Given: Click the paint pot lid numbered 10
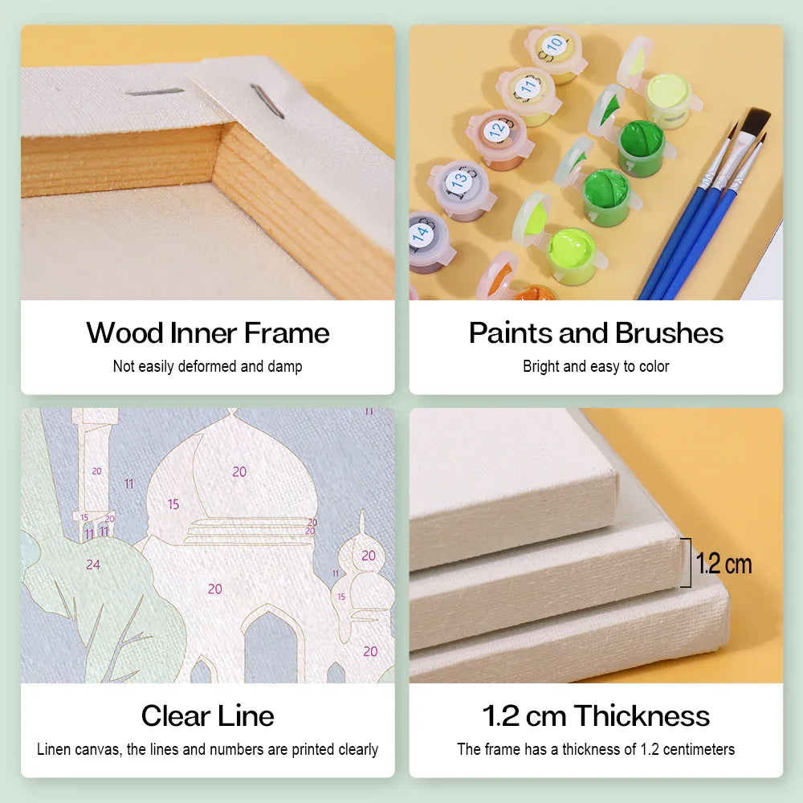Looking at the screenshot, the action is click(x=555, y=44).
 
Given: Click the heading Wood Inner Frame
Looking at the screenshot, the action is click(x=208, y=333).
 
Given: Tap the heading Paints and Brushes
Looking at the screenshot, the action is click(x=596, y=333).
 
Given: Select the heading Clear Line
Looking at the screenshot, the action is click(x=208, y=716).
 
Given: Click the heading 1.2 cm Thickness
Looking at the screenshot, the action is click(x=596, y=716).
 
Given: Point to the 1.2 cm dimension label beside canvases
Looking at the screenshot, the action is click(x=724, y=564).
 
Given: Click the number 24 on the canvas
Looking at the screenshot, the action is click(x=92, y=565).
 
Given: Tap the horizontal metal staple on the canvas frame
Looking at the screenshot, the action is click(x=154, y=92).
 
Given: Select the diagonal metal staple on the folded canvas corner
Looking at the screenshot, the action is click(x=267, y=101).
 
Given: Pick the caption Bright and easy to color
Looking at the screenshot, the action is click(x=596, y=366).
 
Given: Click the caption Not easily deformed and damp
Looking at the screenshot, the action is click(x=208, y=366).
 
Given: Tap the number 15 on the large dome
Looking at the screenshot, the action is click(x=173, y=504).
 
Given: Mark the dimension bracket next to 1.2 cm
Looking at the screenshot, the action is click(x=687, y=562).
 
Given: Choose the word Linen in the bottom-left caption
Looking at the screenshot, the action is click(x=53, y=749).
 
